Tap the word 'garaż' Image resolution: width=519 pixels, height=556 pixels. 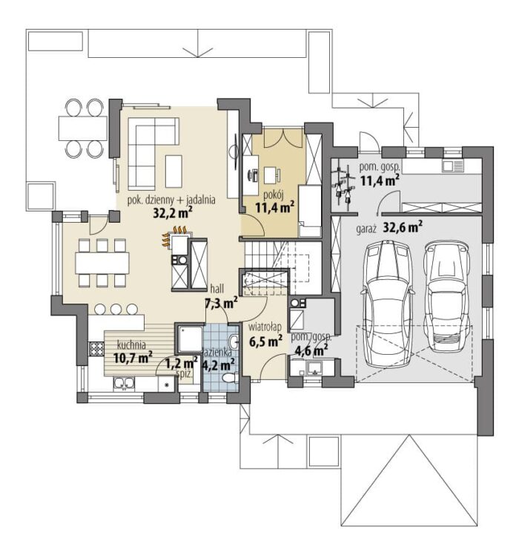366,229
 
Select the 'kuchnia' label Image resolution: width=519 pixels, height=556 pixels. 131,344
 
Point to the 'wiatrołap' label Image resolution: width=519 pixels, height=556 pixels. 265,326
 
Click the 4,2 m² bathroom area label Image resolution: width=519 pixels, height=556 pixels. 218,364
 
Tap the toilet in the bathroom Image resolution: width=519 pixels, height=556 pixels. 231,378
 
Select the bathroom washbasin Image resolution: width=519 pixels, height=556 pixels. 234,341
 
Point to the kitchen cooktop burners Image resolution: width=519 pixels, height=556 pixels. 96,349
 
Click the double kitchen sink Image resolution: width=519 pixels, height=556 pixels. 124,384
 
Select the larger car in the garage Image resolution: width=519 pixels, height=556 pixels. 387,304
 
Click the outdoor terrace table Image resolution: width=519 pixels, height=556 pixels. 83,128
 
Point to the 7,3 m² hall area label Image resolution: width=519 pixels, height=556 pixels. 221,303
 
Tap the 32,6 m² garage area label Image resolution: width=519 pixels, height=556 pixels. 403,227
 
